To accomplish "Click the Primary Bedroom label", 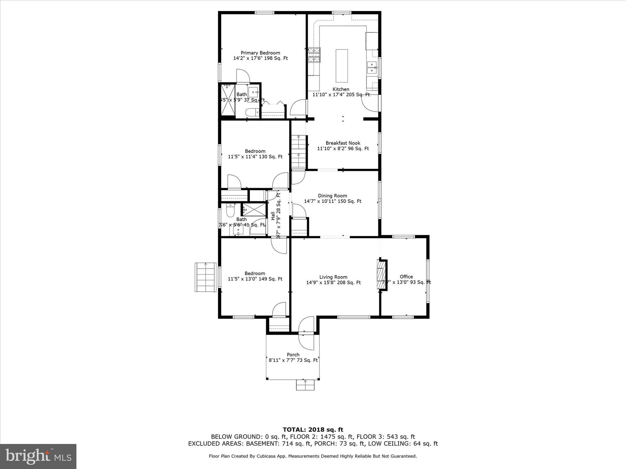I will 260,53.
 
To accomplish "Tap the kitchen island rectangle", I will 341,66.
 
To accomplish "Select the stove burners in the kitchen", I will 314,55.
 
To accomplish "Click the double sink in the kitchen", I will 372,67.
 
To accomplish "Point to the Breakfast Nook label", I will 343,143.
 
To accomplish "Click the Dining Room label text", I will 332,196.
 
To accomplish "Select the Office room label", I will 406,277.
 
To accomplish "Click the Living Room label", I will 333,277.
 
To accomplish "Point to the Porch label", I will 293,355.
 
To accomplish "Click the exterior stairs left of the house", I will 205,277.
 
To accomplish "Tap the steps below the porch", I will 305,385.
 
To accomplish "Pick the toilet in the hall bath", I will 230,210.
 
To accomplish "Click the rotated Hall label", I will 273,216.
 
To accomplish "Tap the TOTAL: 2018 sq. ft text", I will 313,430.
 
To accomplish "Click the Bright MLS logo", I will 38,456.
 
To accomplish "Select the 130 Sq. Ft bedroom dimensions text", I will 255,157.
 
